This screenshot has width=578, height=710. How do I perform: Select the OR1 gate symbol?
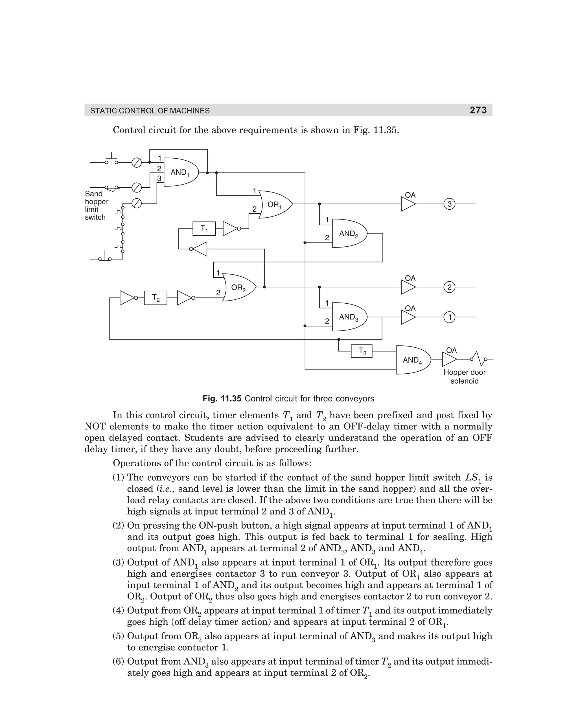click(x=275, y=204)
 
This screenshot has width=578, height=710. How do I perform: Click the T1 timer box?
click(x=204, y=229)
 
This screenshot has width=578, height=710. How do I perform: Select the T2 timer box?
click(x=156, y=298)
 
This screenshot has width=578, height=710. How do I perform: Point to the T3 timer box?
click(x=362, y=351)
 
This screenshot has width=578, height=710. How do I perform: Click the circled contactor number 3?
click(x=450, y=204)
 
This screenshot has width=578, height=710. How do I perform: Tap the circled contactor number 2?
click(x=450, y=287)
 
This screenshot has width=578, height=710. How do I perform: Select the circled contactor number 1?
click(x=450, y=317)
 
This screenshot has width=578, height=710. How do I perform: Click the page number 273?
click(x=478, y=110)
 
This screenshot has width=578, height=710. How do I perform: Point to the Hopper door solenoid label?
click(x=465, y=376)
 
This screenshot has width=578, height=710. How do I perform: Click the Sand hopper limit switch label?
click(x=96, y=205)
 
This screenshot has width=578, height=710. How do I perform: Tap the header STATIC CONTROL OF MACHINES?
click(x=150, y=111)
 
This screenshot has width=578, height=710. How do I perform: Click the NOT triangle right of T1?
click(x=230, y=229)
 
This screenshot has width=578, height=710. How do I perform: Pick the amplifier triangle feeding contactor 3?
click(x=408, y=204)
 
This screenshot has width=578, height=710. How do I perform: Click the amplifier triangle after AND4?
click(x=449, y=360)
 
